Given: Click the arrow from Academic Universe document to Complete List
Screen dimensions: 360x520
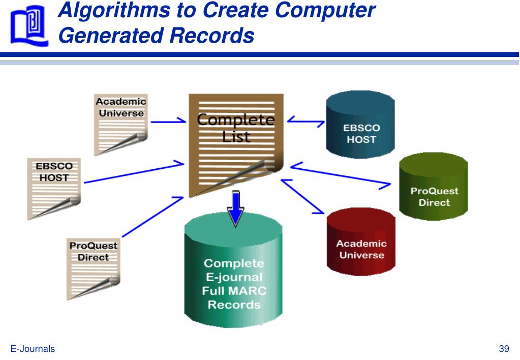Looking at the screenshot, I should click(x=168, y=122).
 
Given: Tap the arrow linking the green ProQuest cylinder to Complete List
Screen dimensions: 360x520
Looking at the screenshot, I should click(x=341, y=175).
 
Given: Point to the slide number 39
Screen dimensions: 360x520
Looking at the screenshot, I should click(x=504, y=348).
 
